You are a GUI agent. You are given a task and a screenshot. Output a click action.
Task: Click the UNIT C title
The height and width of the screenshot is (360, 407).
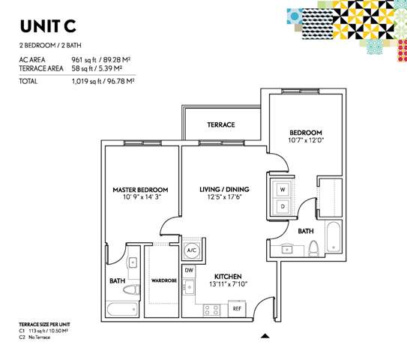[48, 26]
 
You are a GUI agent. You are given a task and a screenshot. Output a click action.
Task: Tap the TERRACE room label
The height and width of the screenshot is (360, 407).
[221, 124]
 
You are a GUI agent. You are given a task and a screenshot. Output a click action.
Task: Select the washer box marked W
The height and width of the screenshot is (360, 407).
[283, 190]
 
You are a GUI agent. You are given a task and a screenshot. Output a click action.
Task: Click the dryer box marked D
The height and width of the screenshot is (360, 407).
[283, 206]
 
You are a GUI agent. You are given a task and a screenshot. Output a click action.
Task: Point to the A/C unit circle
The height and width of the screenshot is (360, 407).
[192, 250]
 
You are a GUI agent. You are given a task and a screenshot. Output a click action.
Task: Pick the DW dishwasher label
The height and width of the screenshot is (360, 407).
[189, 270]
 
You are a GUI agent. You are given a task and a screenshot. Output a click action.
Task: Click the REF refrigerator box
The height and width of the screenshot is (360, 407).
[237, 308]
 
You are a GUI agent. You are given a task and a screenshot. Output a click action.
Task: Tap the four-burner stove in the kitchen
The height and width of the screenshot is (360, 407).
[211, 310]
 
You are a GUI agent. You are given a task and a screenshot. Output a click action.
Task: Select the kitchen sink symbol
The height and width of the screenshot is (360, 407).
[189, 286]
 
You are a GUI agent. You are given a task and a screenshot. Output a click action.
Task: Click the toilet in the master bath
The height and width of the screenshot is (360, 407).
[132, 289]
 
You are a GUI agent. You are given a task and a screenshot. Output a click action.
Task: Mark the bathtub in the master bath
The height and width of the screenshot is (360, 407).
[122, 309]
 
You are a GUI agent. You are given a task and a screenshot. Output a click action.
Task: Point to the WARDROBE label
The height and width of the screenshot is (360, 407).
[164, 280]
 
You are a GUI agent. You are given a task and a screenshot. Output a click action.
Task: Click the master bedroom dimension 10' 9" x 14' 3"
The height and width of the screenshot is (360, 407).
[142, 197]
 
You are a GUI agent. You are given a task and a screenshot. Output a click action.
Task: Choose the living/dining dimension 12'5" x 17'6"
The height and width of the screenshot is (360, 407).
[225, 196]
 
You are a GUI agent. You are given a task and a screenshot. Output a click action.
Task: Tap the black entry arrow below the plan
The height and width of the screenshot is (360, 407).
[265, 336]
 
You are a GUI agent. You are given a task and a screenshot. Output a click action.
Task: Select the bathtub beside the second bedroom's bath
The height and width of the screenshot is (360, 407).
[333, 236]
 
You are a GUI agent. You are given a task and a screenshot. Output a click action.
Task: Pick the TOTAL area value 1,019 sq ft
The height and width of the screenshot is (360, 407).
[86, 81]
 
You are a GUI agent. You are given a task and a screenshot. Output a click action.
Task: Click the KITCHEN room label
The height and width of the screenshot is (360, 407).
[228, 276]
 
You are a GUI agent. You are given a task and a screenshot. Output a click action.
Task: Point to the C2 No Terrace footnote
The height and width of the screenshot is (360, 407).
[34, 337]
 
